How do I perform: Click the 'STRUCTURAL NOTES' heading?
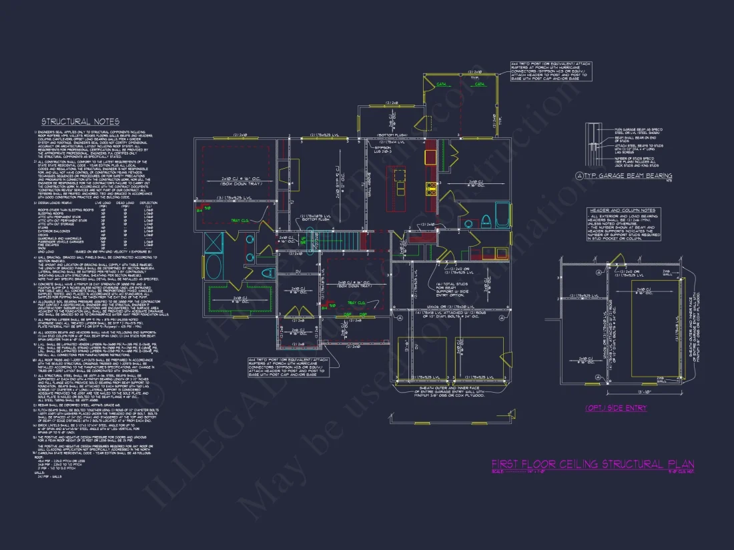point(80,121)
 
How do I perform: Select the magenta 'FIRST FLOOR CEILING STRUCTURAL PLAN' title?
point(593,464)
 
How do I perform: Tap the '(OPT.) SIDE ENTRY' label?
point(615,407)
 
